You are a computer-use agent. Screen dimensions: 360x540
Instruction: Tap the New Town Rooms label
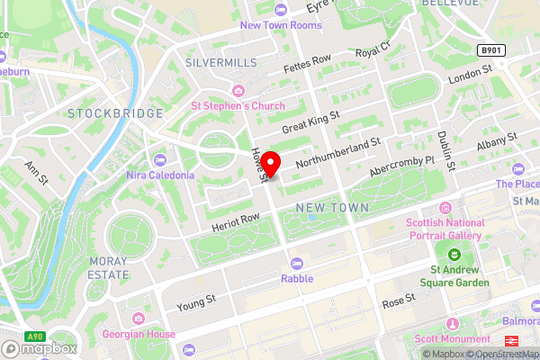pyautogui.click(x=280, y=24)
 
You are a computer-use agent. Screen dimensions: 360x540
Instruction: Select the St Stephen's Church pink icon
pyautogui.click(x=238, y=91)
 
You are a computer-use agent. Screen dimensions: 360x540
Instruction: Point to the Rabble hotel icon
pyautogui.click(x=297, y=263)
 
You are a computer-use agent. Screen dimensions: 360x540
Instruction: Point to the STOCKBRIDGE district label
pyautogui.click(x=115, y=113)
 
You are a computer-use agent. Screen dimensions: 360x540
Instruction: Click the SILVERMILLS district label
pyautogui.click(x=220, y=62)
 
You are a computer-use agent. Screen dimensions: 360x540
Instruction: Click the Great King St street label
pyautogui.click(x=310, y=123)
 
